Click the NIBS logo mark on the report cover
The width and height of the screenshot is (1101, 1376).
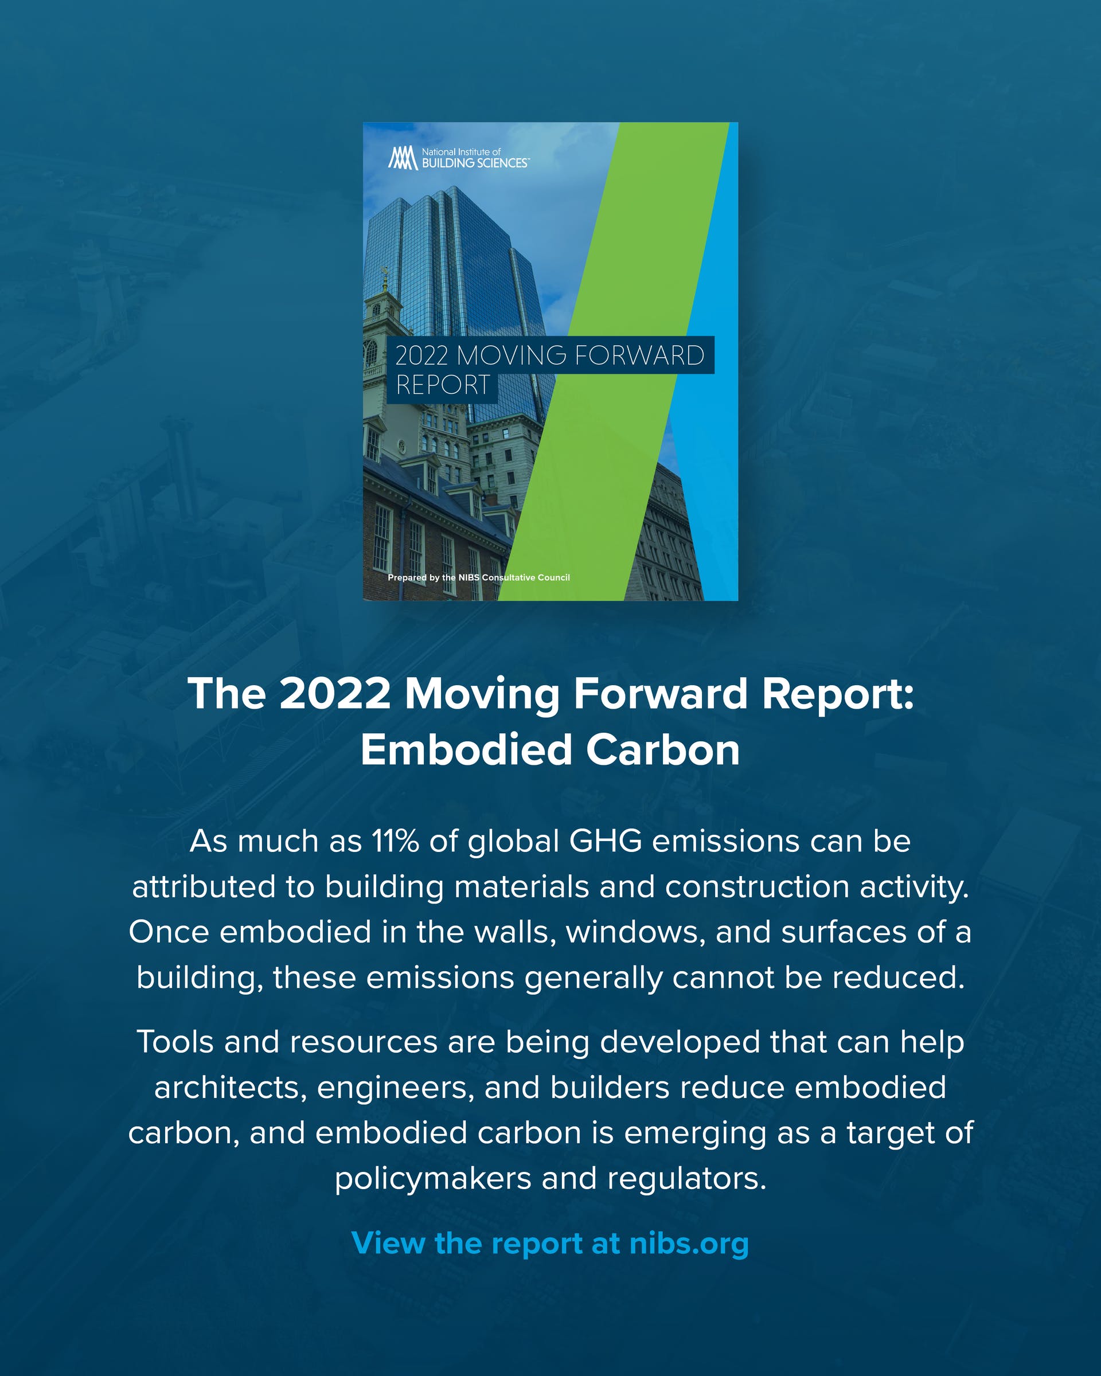(402, 158)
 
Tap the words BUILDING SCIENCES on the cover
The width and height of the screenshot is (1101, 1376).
(474, 163)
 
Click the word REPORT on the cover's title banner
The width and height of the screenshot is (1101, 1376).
(442, 385)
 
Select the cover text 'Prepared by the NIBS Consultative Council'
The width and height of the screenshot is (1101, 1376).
(479, 577)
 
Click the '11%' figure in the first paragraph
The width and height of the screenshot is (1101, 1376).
(395, 841)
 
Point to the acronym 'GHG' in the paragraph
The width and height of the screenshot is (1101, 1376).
(605, 841)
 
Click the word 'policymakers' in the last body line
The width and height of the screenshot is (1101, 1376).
(433, 1179)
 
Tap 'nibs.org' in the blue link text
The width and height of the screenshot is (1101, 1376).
(689, 1243)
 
